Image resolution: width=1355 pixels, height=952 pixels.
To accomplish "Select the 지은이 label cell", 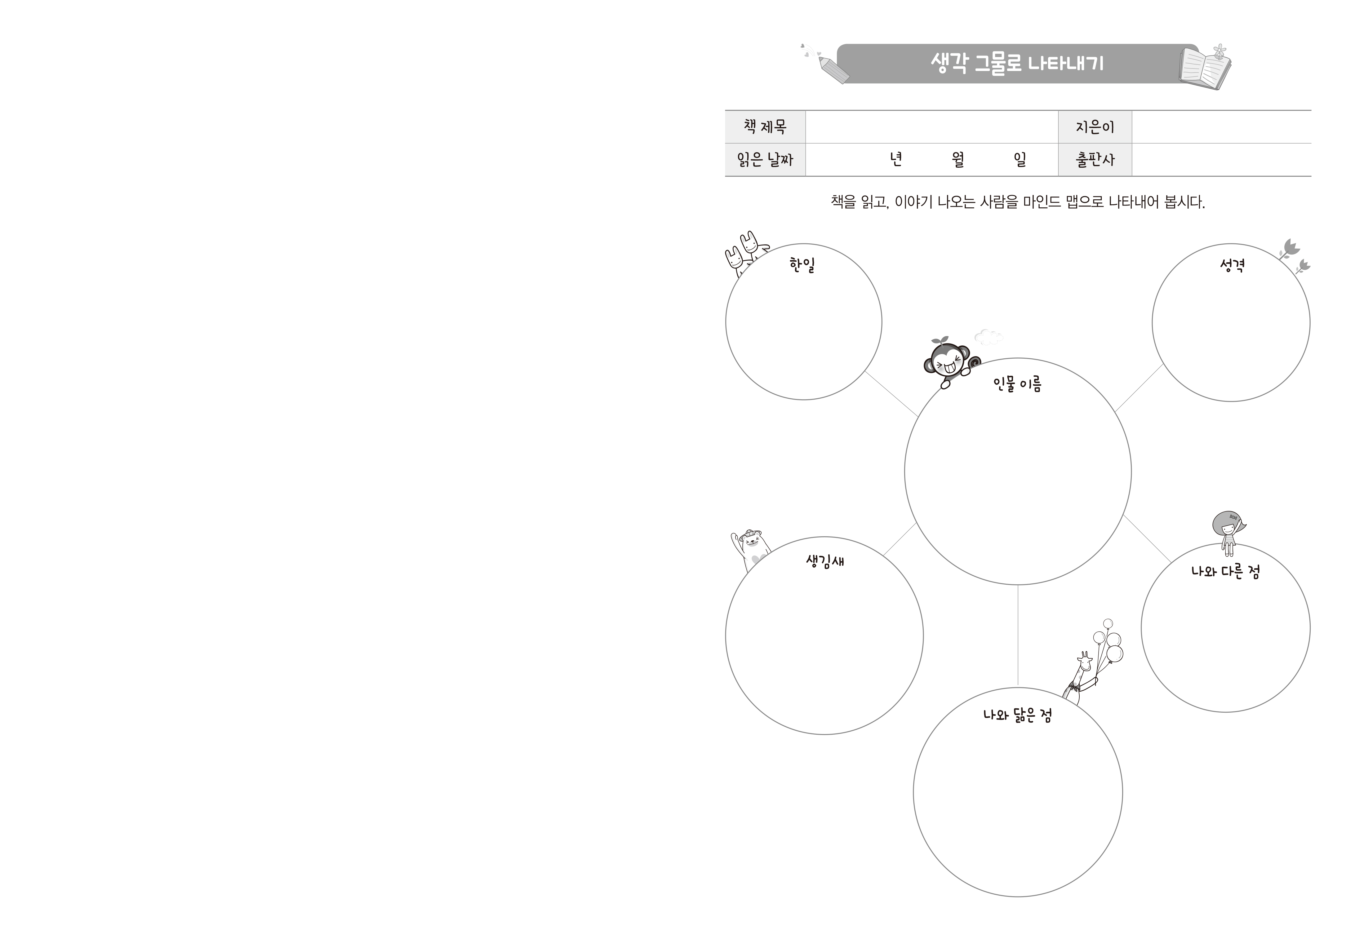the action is (1095, 127).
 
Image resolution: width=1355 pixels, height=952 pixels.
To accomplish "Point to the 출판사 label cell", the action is (1095, 159).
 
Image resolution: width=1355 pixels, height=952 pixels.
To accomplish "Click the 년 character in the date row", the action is (896, 159).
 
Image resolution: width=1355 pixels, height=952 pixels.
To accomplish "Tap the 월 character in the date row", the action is (958, 159).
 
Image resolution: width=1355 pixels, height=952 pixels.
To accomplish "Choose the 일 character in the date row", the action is (1020, 159).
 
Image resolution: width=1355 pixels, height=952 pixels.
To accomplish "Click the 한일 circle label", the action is (802, 265).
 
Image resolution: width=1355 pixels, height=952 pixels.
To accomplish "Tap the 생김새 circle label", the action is (824, 561).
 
